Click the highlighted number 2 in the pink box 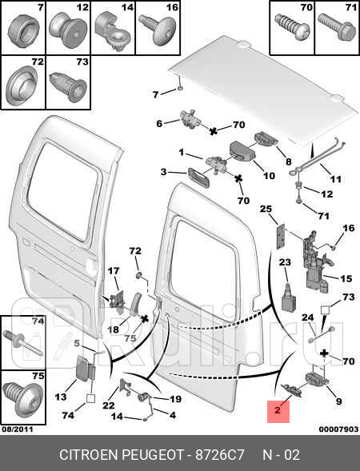pyautogui.click(x=277, y=412)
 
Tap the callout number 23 pyautogui.click(x=284, y=262)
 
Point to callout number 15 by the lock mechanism pyautogui.click(x=346, y=278)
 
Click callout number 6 pyautogui.click(x=158, y=123)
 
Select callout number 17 pyautogui.click(x=114, y=270)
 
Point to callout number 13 pyautogui.click(x=61, y=397)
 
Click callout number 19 pyautogui.click(x=175, y=398)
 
